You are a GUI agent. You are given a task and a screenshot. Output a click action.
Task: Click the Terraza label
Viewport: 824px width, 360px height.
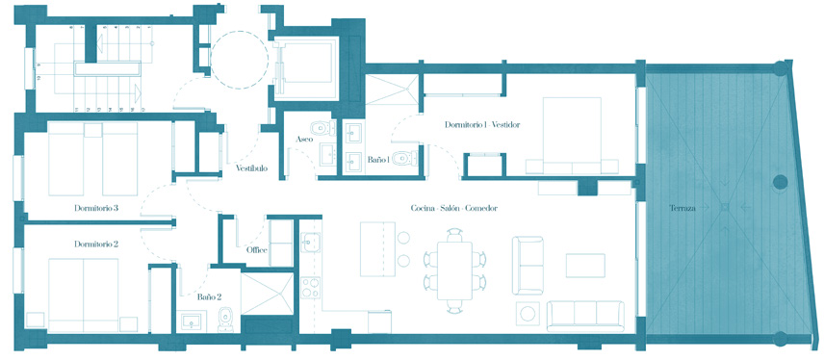click(x=682, y=208)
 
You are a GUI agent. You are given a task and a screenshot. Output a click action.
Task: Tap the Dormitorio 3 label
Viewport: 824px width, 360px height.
click(x=96, y=208)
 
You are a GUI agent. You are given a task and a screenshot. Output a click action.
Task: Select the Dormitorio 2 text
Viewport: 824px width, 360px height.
click(x=96, y=244)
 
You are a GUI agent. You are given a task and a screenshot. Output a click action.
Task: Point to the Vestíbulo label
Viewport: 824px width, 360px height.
click(x=251, y=168)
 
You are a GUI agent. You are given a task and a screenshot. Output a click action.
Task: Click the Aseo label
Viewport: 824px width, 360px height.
click(x=305, y=140)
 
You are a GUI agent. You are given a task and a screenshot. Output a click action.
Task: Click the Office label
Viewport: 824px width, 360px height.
click(x=257, y=249)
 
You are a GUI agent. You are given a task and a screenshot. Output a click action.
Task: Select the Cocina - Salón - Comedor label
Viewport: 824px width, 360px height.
click(x=454, y=208)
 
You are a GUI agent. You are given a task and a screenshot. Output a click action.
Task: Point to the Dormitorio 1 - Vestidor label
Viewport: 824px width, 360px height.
click(x=482, y=125)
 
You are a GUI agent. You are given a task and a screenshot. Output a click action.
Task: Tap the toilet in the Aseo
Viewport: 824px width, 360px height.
click(x=322, y=128)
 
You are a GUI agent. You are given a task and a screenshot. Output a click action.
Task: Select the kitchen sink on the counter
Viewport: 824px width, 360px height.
click(x=310, y=243)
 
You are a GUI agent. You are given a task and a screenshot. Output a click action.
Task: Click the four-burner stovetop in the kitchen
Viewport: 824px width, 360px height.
click(x=311, y=288)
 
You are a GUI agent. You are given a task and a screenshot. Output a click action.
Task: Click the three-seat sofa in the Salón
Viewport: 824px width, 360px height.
click(x=585, y=316)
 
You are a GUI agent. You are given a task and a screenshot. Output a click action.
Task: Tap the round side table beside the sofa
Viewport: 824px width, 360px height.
click(x=528, y=314)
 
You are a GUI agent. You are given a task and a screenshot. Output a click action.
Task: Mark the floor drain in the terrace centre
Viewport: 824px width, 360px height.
click(x=725, y=207)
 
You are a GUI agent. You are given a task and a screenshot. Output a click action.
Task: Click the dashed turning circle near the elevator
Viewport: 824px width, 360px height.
click(x=240, y=58)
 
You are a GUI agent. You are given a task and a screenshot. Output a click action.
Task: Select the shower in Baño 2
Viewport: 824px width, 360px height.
click(x=267, y=294)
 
